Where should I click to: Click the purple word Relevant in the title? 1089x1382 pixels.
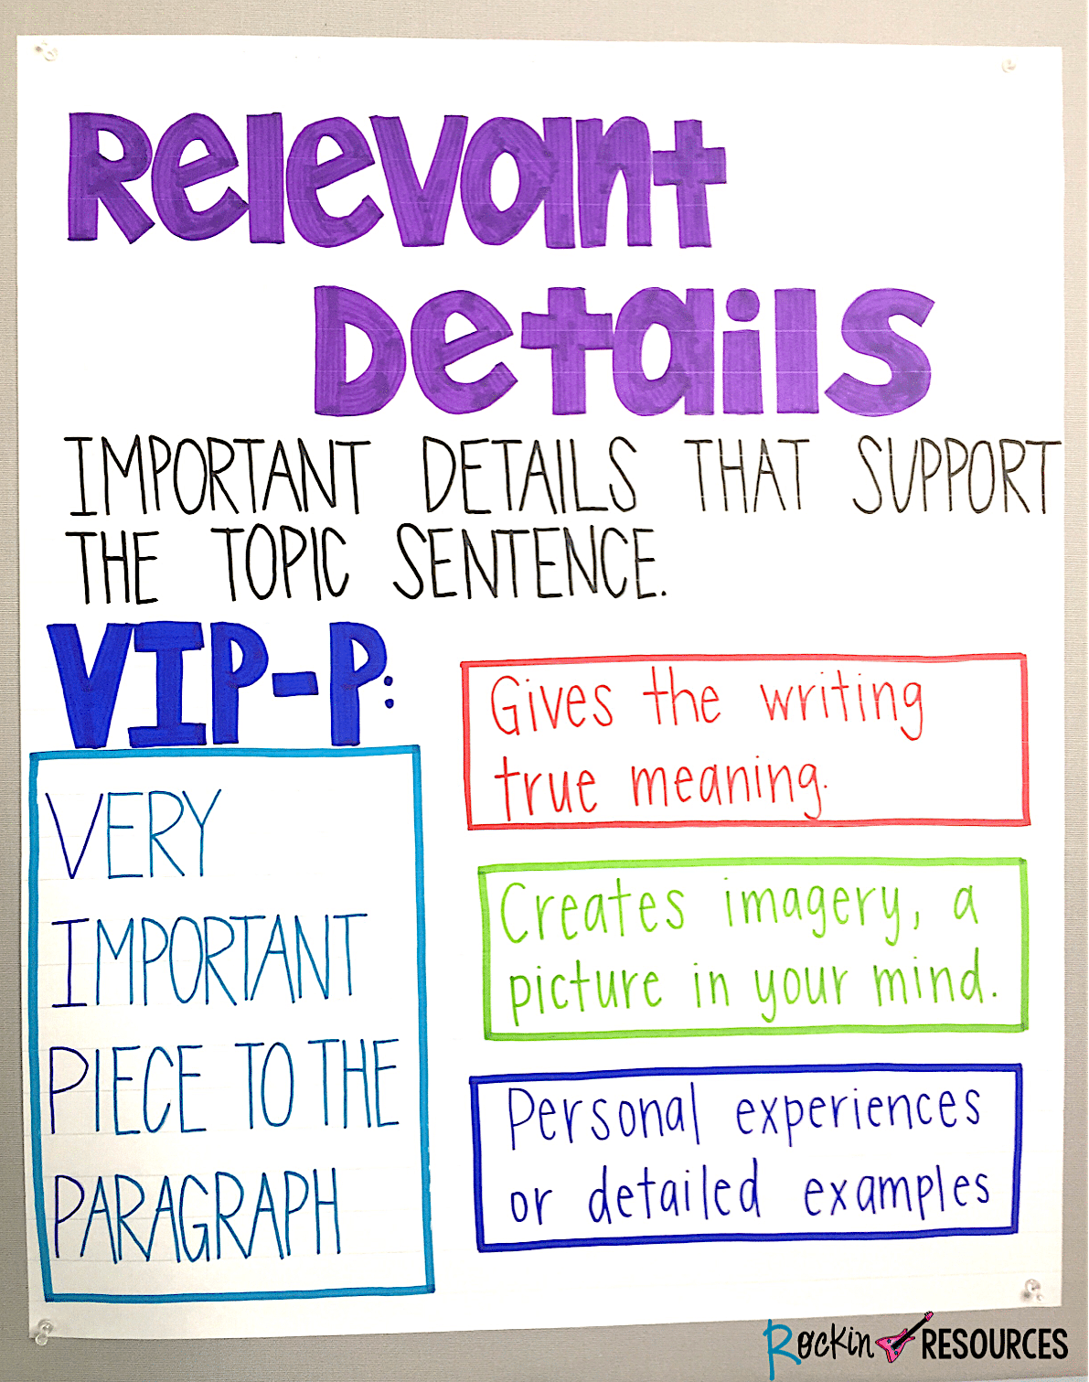[395, 180]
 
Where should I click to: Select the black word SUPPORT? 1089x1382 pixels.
[956, 477]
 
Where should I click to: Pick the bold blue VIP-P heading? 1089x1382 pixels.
[219, 683]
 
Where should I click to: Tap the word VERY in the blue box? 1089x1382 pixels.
[133, 834]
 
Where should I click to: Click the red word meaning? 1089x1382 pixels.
[728, 785]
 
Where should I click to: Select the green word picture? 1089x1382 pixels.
[584, 991]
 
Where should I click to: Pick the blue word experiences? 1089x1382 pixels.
[858, 1110]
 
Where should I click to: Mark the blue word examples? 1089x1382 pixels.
[896, 1194]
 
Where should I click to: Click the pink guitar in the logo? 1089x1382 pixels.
[903, 1338]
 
